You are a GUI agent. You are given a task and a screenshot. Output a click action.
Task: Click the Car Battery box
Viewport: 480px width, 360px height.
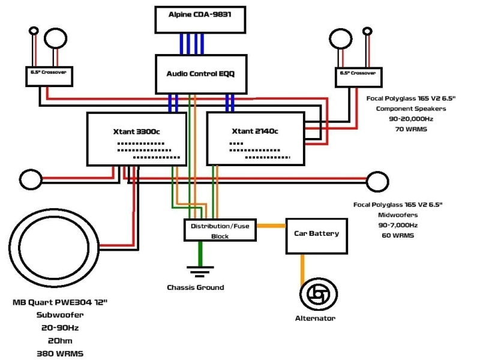tap(316, 233)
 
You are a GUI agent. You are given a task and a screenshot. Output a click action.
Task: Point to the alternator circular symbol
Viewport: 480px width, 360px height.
tap(316, 294)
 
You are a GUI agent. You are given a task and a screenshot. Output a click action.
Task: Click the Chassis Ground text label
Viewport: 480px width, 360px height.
tap(195, 287)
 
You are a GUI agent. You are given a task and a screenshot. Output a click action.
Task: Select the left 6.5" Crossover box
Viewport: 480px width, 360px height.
tap(49, 76)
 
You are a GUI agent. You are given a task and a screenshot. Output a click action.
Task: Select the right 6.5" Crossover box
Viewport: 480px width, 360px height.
tap(358, 76)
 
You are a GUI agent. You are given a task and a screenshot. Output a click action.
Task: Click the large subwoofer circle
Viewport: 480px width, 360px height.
tap(55, 244)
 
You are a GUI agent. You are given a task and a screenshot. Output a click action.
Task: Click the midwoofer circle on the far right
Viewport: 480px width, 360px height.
tap(377, 179)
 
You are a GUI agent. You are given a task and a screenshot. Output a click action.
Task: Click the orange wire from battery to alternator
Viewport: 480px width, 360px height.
tap(303, 264)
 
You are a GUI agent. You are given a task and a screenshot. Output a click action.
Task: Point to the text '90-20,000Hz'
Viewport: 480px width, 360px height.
tap(411, 119)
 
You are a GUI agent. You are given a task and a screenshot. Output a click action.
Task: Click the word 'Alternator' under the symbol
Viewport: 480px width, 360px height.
tap(316, 318)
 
